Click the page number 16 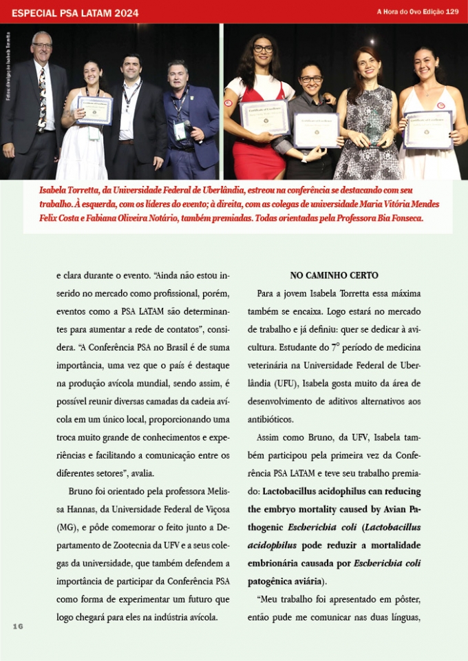click(x=18, y=625)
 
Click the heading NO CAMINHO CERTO click(x=334, y=275)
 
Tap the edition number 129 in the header click(x=452, y=12)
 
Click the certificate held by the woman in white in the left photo click(x=94, y=110)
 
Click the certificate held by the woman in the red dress click(x=264, y=116)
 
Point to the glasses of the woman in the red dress click(x=262, y=49)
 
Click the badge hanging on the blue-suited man click(x=180, y=130)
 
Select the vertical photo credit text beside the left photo click(x=8, y=69)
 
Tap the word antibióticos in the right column click(x=270, y=419)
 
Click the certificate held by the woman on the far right click(x=427, y=128)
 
